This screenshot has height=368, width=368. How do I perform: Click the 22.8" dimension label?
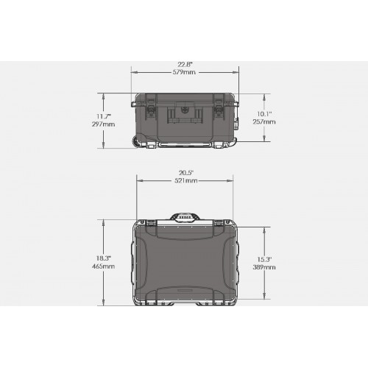tap(185, 65)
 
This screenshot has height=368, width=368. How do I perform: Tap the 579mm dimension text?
tap(185, 72)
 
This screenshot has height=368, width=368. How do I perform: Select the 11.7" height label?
tap(103, 116)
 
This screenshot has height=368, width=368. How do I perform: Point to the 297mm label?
tap(103, 124)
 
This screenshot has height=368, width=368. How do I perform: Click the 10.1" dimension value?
tap(264, 114)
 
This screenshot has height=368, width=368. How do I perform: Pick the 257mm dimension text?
tap(264, 121)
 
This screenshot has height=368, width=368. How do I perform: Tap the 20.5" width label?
tap(186, 173)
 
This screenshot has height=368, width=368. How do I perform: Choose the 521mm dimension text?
tap(186, 181)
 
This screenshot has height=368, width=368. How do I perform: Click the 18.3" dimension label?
tap(103, 258)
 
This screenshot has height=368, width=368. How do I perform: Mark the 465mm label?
tap(103, 266)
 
